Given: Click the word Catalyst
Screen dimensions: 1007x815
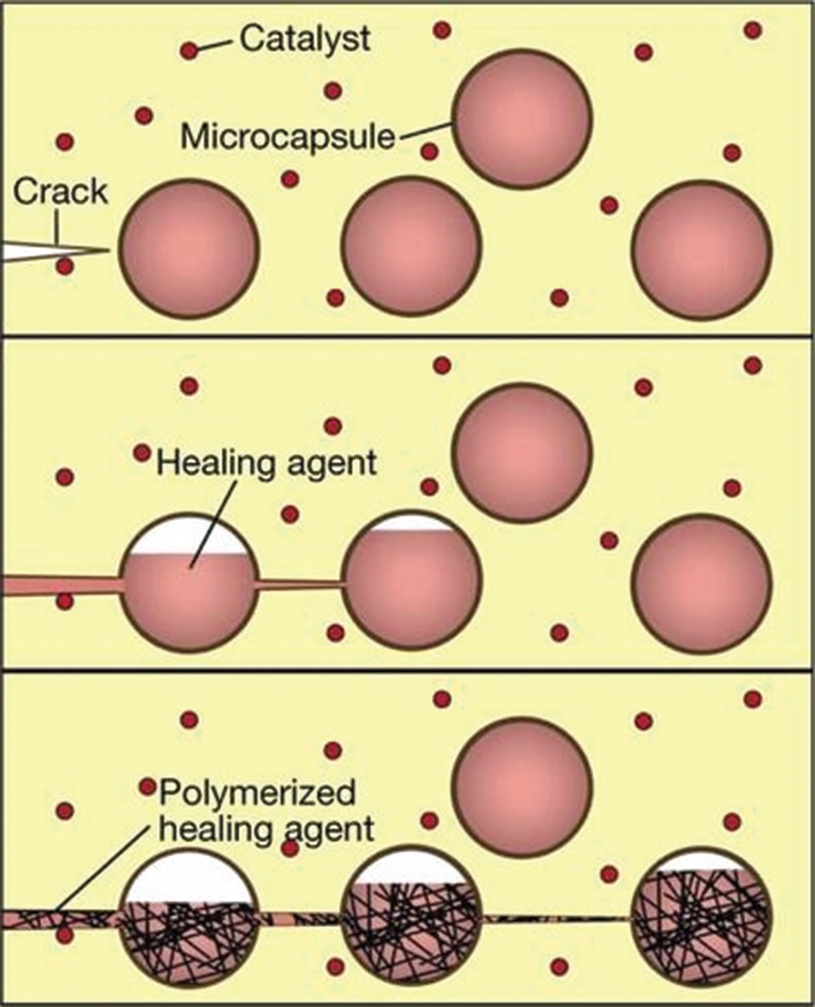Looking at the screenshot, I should pos(304,38).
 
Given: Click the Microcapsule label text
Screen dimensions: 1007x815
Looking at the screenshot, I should pos(288,137).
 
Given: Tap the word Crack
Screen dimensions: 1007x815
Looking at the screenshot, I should pos(60,191).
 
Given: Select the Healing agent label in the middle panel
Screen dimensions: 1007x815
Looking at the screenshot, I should pos(266,463).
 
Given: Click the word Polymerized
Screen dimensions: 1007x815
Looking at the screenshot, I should pos(257,793).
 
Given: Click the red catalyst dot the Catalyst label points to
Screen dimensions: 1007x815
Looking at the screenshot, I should pos(188,52).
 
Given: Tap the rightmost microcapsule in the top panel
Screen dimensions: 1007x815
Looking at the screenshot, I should pos(702,248).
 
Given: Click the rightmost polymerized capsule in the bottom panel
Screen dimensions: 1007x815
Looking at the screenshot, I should pos(702,915).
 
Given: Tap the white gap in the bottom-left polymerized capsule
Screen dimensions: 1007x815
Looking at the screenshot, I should pos(188,876).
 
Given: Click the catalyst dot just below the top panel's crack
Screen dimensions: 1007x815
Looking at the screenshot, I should pos(65,267).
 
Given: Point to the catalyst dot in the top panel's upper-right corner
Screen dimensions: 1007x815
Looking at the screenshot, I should pos(751,30).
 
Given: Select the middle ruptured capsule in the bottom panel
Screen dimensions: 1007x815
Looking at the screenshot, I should pos(412,915).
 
